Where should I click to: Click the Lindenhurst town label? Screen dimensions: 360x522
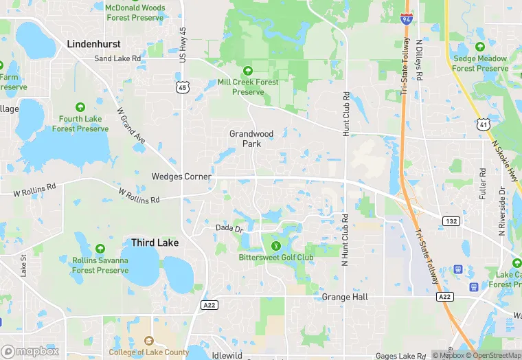click(x=93, y=43)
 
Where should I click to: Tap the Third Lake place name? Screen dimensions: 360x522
click(x=155, y=243)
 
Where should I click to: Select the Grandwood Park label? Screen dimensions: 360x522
click(x=251, y=139)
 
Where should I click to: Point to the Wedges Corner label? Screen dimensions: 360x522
click(x=181, y=177)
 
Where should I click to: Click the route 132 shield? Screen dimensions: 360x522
click(x=451, y=221)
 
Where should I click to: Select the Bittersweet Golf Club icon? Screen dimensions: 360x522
click(x=276, y=246)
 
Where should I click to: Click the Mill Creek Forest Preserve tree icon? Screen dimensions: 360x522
click(x=248, y=71)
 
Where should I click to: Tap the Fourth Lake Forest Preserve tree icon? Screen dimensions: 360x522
click(x=80, y=107)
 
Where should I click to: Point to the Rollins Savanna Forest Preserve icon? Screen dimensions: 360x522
click(x=100, y=248)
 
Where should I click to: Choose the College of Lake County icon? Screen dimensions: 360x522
click(x=148, y=341)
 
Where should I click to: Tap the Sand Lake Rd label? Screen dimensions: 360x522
click(x=117, y=59)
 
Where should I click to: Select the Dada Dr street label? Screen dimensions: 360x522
click(x=229, y=228)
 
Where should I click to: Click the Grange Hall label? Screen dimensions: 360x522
click(x=345, y=297)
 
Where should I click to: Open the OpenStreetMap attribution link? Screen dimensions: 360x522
click(x=493, y=355)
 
